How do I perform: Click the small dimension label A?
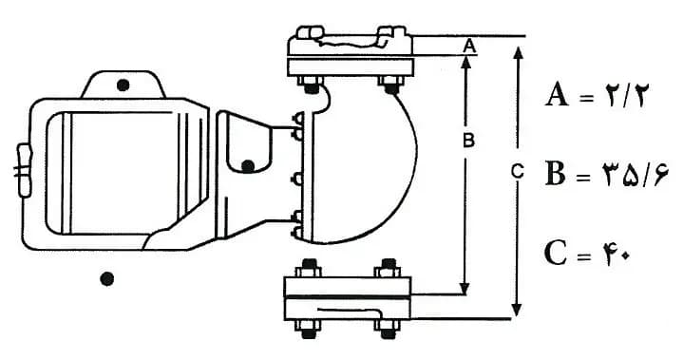click(x=468, y=46)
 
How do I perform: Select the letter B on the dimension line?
click(x=468, y=141)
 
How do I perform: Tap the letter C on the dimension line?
click(x=517, y=171)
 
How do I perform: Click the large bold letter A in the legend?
click(x=557, y=95)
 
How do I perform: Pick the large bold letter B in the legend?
click(x=555, y=174)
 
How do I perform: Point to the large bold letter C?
click(x=556, y=254)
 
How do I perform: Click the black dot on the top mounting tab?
click(x=123, y=85)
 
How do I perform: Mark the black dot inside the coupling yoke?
click(x=248, y=166)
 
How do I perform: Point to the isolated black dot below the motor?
click(x=107, y=278)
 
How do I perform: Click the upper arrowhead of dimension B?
click(x=465, y=63)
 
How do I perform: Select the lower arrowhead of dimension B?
click(x=465, y=288)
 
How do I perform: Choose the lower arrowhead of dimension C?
click(x=517, y=309)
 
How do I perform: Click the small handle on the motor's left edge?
click(x=24, y=171)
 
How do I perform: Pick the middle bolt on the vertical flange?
click(x=299, y=179)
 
